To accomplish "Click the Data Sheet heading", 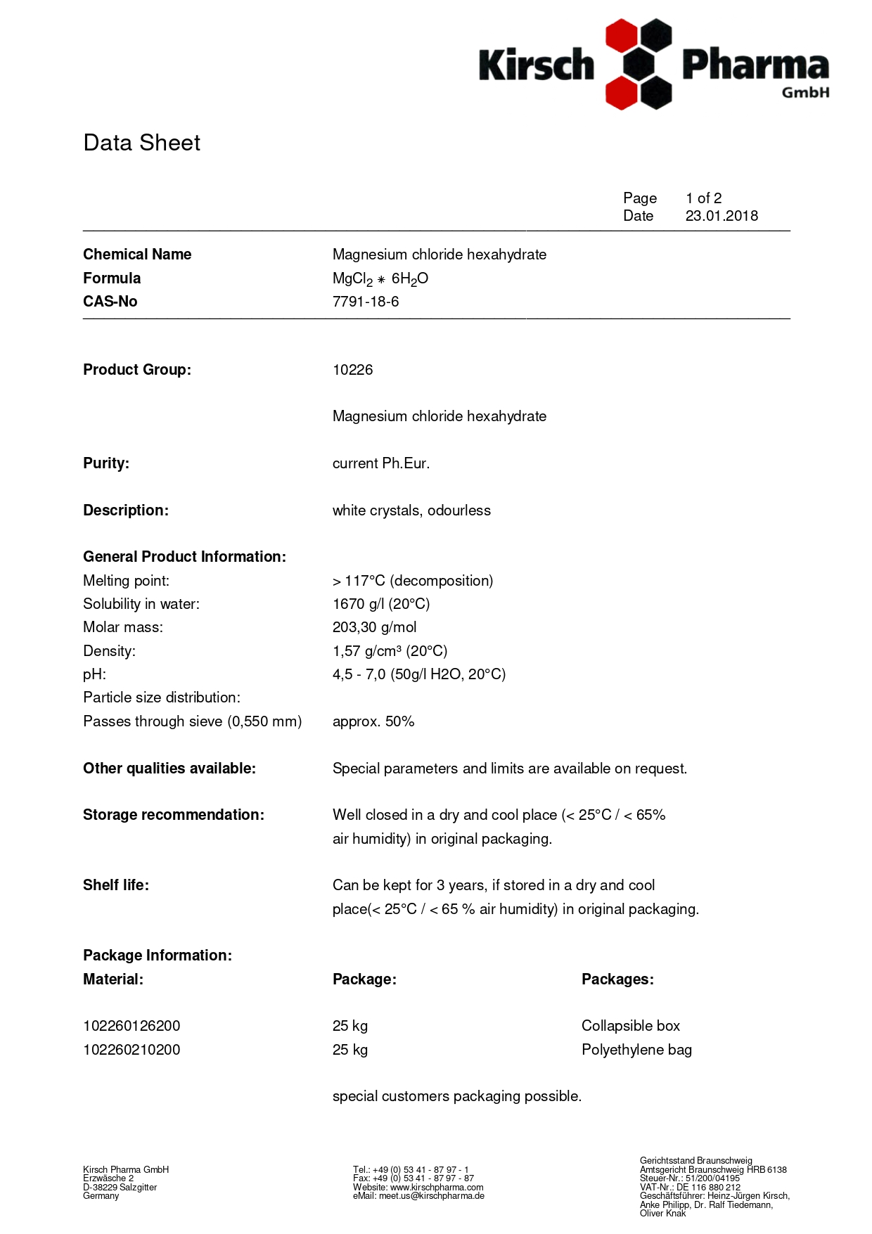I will click(141, 143).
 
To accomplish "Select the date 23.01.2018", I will click(722, 216).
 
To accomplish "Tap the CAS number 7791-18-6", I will click(366, 302).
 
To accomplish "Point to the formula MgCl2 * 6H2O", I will click(380, 278).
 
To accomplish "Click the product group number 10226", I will click(352, 370).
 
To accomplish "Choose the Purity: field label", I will click(106, 463).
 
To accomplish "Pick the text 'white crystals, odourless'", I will click(411, 510).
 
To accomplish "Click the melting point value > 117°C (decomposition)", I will click(413, 581).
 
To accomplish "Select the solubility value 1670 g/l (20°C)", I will click(381, 604).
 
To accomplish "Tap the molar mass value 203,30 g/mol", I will click(374, 627).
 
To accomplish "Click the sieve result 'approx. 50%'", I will click(373, 721).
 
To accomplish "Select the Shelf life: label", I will click(116, 885).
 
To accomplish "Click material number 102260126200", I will click(132, 1026).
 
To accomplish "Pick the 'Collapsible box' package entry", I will click(631, 1026).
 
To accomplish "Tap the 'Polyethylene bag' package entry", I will click(636, 1050).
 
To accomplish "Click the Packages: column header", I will click(617, 979).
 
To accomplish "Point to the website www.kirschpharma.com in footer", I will click(437, 1187).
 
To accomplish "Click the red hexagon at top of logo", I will click(621, 35).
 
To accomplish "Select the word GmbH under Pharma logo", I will click(805, 92).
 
